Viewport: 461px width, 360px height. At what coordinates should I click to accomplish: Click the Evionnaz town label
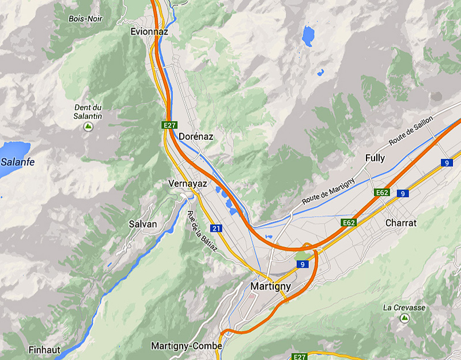pos(149,31)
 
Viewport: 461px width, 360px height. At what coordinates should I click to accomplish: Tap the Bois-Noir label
pos(85,18)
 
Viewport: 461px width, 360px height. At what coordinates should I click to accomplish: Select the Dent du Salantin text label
pos(88,112)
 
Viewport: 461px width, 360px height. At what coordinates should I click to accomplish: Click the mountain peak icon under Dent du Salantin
pos(88,126)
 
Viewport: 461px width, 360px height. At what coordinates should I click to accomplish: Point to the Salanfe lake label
pos(17,162)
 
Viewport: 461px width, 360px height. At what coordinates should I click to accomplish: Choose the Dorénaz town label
pos(196,137)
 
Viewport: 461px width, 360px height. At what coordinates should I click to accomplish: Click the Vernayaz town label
pos(187,183)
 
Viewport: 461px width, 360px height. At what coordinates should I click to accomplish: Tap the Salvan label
pos(142,223)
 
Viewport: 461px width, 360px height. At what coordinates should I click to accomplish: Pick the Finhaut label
pos(44,350)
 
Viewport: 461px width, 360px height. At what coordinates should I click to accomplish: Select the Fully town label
pos(375,158)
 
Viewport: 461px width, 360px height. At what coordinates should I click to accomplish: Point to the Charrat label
pos(401,222)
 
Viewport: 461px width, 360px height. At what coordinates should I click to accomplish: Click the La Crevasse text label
pos(404,308)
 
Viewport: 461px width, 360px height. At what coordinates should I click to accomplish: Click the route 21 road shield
pos(216,228)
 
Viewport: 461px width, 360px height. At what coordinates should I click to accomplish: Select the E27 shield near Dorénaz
pos(169,125)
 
